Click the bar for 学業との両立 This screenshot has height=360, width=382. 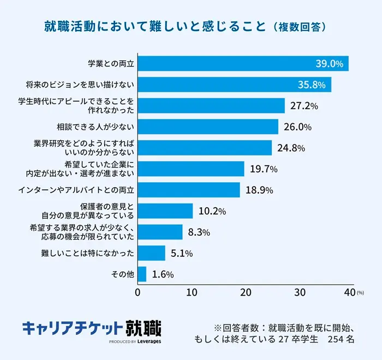click(x=243, y=64)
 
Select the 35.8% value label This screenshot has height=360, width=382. click(x=312, y=85)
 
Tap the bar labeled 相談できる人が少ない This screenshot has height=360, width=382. click(x=208, y=127)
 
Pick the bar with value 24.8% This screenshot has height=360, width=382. click(x=205, y=148)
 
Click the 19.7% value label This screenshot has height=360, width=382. click(x=264, y=169)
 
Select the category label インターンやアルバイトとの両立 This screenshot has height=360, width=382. click(x=76, y=190)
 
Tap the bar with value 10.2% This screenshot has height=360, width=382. click(x=165, y=211)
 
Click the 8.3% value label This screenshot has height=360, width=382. click(x=199, y=232)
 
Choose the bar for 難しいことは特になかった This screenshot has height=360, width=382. click(x=151, y=253)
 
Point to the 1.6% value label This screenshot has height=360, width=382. click(x=163, y=274)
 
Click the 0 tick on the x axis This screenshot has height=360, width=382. click(x=138, y=292)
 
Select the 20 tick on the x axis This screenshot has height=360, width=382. click(x=246, y=292)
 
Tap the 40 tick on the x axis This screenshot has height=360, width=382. click(x=350, y=292)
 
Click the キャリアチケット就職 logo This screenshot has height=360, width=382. click(x=92, y=328)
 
